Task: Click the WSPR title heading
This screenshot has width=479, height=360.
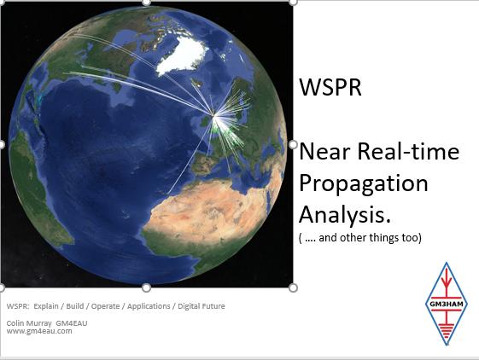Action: [330, 87]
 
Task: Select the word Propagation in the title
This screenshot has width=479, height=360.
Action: [364, 183]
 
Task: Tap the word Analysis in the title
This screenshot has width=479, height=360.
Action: [345, 215]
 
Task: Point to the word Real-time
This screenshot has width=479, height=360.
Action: [408, 151]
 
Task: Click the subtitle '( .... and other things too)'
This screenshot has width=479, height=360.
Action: [360, 237]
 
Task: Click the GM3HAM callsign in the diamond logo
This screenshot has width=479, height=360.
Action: [447, 304]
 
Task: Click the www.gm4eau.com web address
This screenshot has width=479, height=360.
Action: [39, 331]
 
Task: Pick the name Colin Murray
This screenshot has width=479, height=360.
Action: [29, 323]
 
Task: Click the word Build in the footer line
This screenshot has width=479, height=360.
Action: [75, 306]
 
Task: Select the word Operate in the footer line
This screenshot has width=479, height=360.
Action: [105, 306]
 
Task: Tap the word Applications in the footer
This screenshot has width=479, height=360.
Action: [149, 306]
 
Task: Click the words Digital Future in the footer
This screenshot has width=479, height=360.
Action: [202, 306]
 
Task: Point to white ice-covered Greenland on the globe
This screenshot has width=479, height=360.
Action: [183, 57]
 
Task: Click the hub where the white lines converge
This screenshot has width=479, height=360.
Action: [213, 115]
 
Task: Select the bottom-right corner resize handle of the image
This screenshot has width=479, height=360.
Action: [293, 287]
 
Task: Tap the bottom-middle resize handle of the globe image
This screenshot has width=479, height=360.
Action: [147, 287]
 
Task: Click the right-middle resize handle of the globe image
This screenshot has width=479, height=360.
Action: [293, 144]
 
